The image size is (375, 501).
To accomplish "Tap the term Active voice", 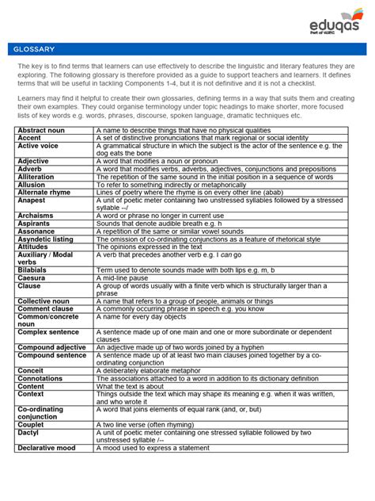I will pyautogui.click(x=38, y=146).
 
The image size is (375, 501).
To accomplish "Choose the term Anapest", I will pyautogui.click(x=32, y=201).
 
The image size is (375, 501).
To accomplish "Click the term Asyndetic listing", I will pyautogui.click(x=45, y=239).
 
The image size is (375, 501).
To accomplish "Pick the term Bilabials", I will pyautogui.click(x=34, y=270).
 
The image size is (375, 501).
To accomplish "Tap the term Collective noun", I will pyautogui.click(x=45, y=301).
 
